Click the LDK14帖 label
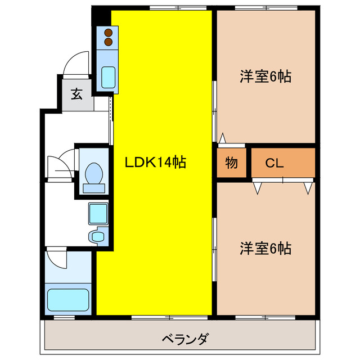(155, 163)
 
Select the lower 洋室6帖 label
(266, 247)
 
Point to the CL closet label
(274, 164)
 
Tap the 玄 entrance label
(76, 94)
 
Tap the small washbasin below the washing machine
(98, 236)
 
